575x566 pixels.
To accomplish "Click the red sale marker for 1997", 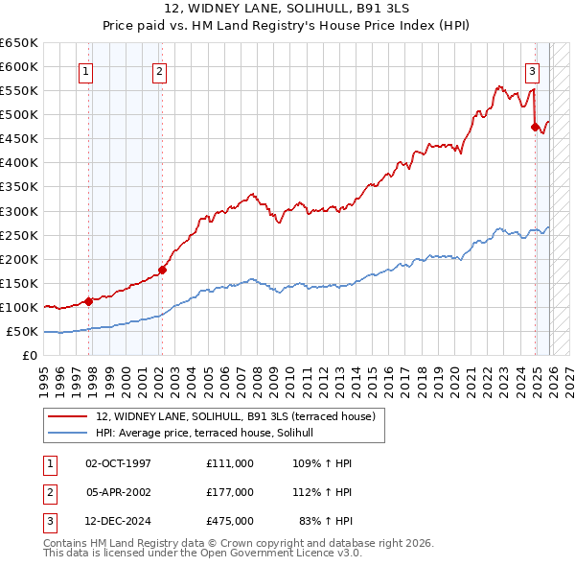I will click(88, 301).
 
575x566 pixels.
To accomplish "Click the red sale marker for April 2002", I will click(162, 270).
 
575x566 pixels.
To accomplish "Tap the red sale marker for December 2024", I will click(534, 126).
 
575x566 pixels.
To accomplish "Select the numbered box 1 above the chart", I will click(86, 70).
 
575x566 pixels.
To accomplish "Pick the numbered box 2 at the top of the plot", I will click(159, 70).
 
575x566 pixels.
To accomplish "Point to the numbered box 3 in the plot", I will click(532, 70).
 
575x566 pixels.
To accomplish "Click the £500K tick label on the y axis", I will click(19, 114).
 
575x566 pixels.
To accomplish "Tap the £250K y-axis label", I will click(19, 235).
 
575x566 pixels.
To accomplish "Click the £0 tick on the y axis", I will click(30, 355).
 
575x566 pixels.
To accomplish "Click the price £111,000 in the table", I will click(229, 463).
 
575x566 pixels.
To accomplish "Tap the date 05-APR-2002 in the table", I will click(118, 492).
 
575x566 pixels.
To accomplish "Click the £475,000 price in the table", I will click(229, 522).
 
